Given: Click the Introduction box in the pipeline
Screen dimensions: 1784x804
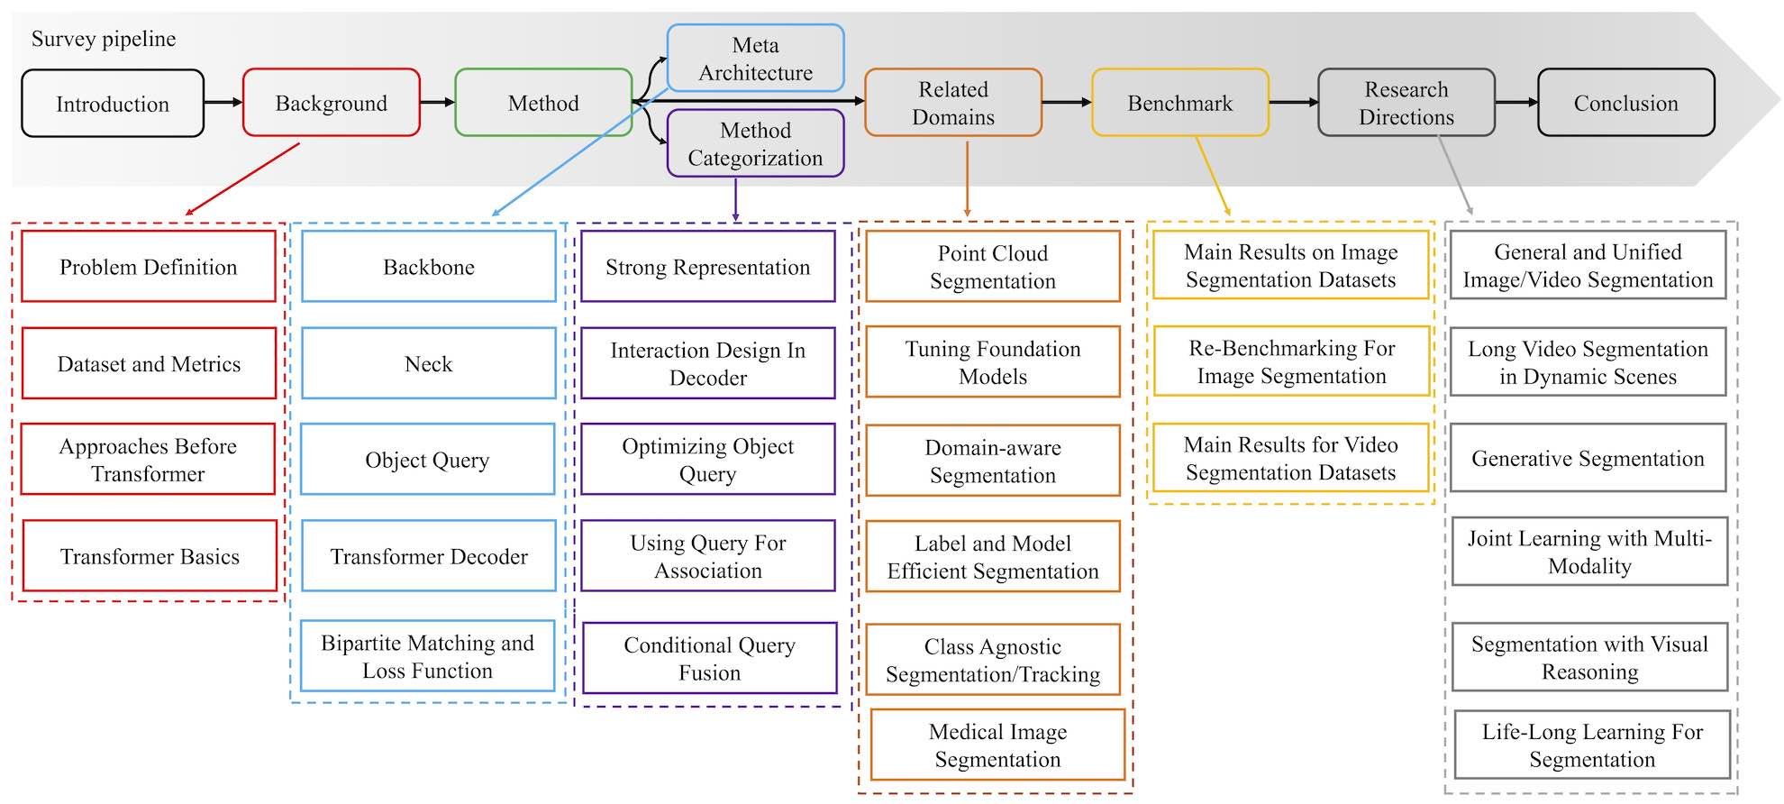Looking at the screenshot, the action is tap(113, 104).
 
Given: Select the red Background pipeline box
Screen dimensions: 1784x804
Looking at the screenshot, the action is tap(332, 103).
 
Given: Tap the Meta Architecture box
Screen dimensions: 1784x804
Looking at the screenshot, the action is tap(755, 59).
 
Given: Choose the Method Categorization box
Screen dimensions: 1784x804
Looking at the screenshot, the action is tap(755, 143).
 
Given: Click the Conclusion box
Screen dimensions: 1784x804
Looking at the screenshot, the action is tap(1626, 103).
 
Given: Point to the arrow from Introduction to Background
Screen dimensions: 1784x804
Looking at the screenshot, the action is tap(223, 103).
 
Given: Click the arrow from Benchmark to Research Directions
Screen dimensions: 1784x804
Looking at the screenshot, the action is tap(1294, 103).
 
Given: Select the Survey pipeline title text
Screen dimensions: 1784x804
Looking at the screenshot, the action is tap(104, 39).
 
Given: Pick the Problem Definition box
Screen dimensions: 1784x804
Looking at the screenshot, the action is tap(149, 266).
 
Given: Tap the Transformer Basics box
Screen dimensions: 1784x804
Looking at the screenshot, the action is tap(150, 556).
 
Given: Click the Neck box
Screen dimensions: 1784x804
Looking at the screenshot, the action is tap(429, 363).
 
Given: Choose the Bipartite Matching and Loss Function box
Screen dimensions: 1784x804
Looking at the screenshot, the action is tap(428, 656).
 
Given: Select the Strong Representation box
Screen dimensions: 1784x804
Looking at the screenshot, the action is tap(708, 266).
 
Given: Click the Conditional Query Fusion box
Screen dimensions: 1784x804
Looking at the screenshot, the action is tap(710, 658).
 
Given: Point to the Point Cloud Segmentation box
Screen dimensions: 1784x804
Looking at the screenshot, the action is tap(993, 266).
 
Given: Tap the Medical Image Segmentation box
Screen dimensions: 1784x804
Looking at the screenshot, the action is tap(998, 745).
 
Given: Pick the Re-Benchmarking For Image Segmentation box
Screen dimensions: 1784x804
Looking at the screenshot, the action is tap(1292, 361).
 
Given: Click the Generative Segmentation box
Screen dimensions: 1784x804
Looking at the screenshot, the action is tap(1588, 458).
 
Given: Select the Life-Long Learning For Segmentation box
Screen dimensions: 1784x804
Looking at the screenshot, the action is tap(1592, 745).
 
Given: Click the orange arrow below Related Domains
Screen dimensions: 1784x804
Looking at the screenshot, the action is tap(967, 178).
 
